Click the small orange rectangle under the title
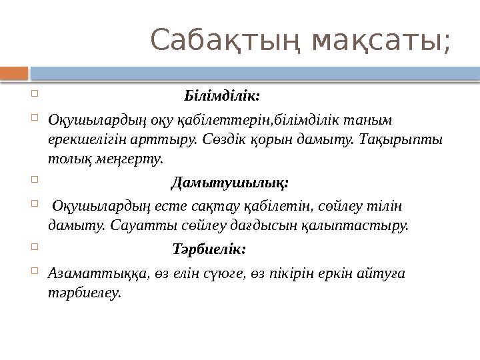point(14,71)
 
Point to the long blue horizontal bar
point(254,71)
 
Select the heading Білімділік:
point(222,95)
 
